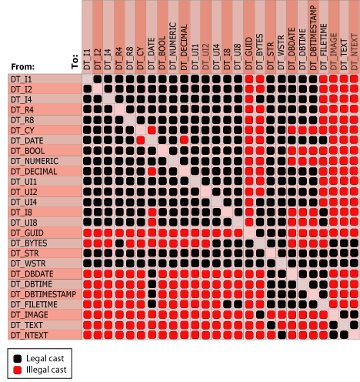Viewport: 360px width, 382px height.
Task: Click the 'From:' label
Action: [24, 67]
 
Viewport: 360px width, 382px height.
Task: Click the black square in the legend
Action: [17, 358]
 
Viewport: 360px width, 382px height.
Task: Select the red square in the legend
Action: [17, 371]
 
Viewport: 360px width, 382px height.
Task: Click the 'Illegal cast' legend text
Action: [46, 371]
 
